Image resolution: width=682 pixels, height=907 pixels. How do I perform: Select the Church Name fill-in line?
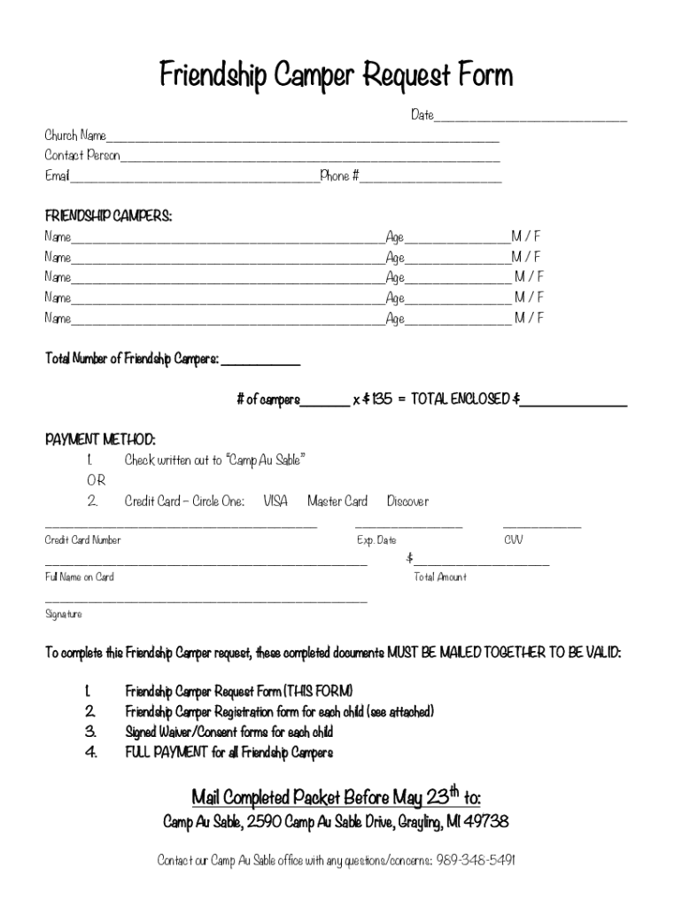302,138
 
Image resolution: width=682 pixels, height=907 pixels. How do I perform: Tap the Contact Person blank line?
310,159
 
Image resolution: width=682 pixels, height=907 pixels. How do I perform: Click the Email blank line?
194,178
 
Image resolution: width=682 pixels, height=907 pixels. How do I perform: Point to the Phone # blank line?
430,178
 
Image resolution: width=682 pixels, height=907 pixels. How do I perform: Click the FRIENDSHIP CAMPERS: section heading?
108,216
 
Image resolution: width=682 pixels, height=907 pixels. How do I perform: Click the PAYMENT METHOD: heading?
100,439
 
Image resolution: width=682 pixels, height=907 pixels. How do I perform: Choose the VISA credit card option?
275,501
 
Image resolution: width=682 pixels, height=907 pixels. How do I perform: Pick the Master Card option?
337,501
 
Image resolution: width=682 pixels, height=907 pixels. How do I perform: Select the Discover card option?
407,501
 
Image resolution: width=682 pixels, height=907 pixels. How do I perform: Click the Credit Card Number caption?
83,540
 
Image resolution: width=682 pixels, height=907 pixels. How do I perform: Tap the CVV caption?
514,540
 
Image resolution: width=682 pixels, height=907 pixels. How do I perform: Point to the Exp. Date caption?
376,540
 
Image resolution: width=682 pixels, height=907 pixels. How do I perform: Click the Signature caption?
64,614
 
